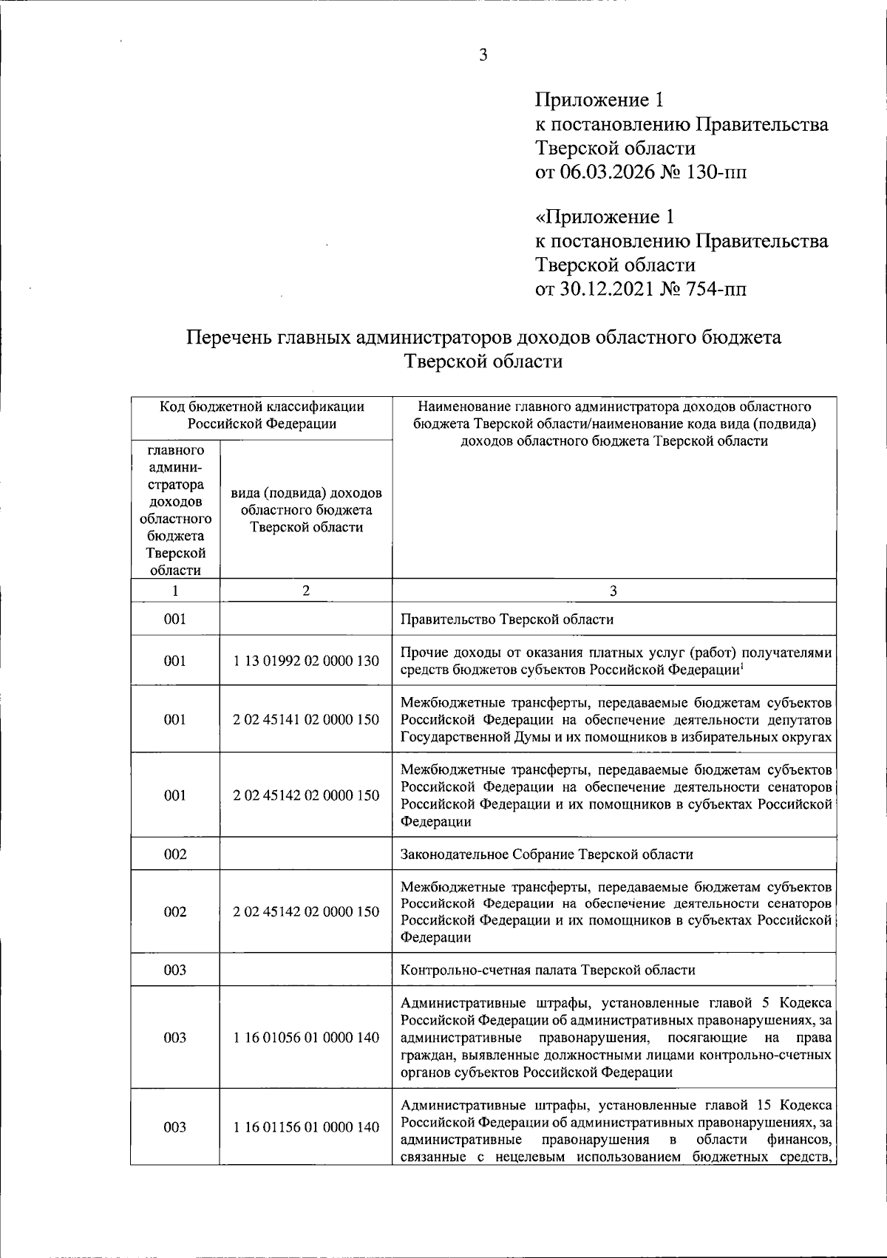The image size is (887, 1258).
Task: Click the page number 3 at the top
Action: (483, 55)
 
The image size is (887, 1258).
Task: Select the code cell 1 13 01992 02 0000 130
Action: (306, 661)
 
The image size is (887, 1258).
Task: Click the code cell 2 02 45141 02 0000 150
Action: (306, 719)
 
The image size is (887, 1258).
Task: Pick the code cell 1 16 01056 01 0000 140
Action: (306, 1038)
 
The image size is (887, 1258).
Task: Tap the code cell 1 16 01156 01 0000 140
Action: (306, 1127)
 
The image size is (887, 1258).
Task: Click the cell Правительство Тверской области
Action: (506, 619)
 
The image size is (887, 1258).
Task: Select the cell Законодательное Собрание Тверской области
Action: (546, 854)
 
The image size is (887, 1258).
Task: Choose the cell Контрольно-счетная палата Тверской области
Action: (547, 970)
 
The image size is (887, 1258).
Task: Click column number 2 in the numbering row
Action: (306, 591)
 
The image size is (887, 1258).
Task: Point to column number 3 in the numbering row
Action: (614, 591)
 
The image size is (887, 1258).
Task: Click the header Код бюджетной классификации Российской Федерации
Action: (262, 415)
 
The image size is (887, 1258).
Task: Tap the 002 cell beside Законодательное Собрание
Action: (175, 854)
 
